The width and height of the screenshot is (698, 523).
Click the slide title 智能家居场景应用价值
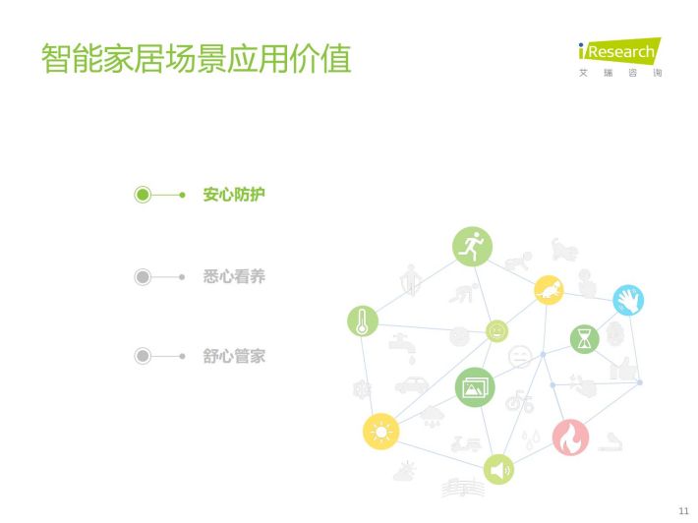point(197,58)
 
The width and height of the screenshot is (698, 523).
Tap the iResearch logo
point(620,57)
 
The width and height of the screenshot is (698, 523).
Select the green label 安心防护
point(234,195)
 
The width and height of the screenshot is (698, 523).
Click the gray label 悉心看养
point(234,276)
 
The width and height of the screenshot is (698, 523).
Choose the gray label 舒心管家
point(234,356)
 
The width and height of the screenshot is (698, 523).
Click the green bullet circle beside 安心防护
point(143,195)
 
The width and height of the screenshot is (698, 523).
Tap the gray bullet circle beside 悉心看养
point(143,277)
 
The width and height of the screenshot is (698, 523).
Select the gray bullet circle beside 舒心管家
point(143,356)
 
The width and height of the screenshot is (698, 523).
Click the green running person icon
point(472,247)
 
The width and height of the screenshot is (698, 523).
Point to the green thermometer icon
point(363,321)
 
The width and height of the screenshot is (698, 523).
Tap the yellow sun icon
point(381,432)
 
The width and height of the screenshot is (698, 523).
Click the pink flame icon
point(570,437)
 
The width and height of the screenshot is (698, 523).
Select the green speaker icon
point(498,470)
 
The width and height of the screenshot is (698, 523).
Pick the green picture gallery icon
point(475,387)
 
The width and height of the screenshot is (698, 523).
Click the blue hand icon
point(628,300)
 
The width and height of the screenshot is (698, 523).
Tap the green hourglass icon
point(585,339)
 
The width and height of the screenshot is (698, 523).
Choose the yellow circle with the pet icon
point(549,290)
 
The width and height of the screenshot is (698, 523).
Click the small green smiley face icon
point(496,331)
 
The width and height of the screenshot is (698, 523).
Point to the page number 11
point(683,510)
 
